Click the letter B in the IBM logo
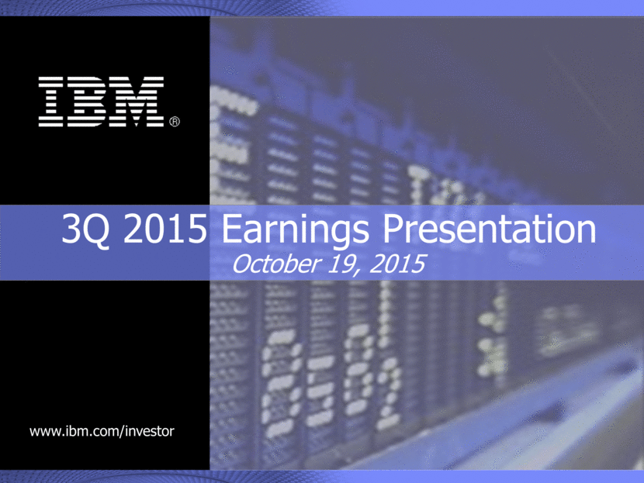[x=90, y=102]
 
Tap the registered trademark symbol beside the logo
[x=175, y=122]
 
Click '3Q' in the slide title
[x=86, y=229]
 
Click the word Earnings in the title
[x=296, y=230]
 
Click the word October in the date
[x=276, y=264]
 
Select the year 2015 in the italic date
[x=396, y=264]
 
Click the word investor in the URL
[x=150, y=431]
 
